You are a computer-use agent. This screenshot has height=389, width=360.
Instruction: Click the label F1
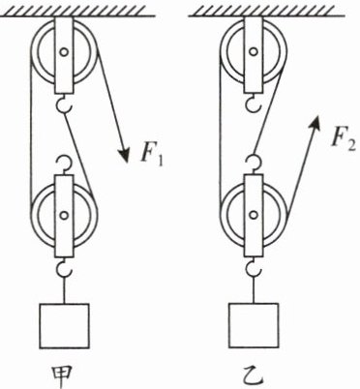pos(151,154)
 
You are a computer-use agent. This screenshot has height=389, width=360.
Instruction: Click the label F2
pos(345,138)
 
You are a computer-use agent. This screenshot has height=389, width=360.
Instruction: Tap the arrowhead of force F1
pos(124,154)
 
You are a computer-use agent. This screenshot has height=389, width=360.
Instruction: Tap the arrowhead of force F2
pos(315,123)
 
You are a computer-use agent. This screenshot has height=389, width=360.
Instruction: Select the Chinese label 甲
pos(64,374)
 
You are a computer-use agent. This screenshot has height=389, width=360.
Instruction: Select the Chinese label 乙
pos(254,374)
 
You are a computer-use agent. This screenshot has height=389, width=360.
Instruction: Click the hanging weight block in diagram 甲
pos(64,326)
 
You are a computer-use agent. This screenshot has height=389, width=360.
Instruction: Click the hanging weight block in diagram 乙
pos(254,325)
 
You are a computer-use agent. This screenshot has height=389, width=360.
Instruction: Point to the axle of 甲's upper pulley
pos(64,51)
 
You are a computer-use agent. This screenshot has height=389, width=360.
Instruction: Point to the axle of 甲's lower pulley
pos(64,215)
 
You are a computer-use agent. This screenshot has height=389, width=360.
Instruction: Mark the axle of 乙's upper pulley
pos(254,51)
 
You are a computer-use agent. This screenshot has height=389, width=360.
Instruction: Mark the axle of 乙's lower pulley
pos(254,215)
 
